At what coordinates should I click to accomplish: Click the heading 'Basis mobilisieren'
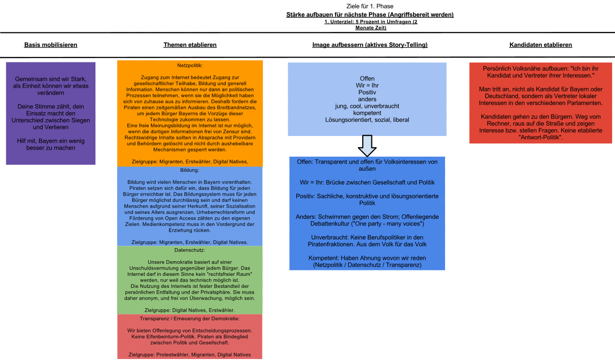[x=51, y=45]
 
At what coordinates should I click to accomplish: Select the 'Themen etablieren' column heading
[x=190, y=45]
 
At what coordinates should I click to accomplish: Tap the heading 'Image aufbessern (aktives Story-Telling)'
[x=370, y=45]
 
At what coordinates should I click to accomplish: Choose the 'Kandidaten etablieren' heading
[x=540, y=45]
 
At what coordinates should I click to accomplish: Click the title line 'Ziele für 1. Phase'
[x=370, y=6]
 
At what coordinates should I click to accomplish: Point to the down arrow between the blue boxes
[x=367, y=145]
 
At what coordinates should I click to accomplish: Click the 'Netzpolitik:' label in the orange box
[x=190, y=65]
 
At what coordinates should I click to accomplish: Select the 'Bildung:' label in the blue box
[x=190, y=170]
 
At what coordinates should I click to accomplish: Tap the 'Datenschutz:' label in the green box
[x=190, y=250]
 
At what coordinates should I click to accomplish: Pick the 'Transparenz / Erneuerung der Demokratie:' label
[x=190, y=319]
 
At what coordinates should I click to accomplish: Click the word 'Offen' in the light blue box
[x=367, y=78]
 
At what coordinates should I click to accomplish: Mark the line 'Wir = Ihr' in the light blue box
[x=367, y=85]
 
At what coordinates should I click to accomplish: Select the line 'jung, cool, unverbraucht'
[x=367, y=105]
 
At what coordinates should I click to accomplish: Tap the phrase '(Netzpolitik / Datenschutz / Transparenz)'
[x=367, y=265]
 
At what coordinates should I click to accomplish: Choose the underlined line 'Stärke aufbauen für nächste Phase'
[x=370, y=15]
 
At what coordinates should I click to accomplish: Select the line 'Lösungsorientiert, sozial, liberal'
[x=367, y=119]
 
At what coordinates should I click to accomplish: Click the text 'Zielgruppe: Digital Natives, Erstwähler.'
[x=190, y=310]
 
